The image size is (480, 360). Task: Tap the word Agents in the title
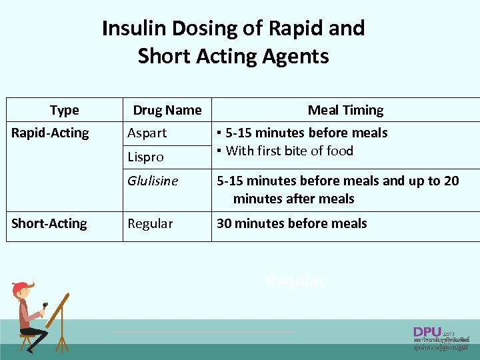(296, 57)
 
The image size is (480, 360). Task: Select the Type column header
(64, 111)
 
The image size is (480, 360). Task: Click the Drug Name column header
(167, 111)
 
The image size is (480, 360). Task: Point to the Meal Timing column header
(345, 111)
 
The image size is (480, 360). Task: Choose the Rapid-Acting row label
(50, 133)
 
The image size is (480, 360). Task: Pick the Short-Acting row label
(49, 223)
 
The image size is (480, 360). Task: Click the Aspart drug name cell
(147, 133)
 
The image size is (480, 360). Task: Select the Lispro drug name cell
(145, 157)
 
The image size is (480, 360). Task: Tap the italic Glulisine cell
(153, 181)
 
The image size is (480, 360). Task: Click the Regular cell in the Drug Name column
(150, 224)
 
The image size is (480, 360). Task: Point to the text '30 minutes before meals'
(291, 224)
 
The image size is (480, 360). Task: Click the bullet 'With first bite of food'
(289, 151)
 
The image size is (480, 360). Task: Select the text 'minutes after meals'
(293, 199)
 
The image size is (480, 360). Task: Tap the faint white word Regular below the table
(295, 281)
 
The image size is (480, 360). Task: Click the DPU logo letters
(427, 331)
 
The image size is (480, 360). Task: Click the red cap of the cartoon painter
(20, 287)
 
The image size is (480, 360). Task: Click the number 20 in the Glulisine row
(451, 181)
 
